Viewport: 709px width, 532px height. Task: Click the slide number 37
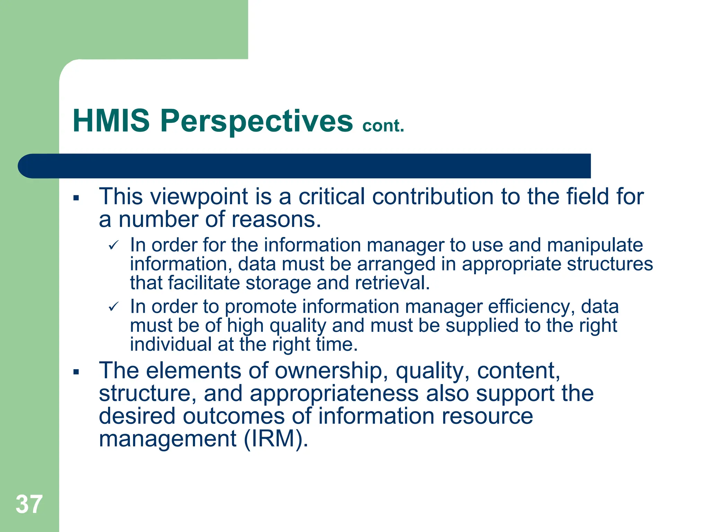(29, 504)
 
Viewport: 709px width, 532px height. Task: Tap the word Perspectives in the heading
(256, 121)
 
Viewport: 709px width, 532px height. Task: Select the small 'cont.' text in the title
(383, 126)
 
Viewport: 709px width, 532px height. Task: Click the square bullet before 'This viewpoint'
(76, 198)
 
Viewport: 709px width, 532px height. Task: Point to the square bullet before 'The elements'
(76, 372)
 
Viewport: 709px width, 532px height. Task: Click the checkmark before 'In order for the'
(114, 246)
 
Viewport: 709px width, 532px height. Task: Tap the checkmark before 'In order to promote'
(114, 307)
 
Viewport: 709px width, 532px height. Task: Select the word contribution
(432, 196)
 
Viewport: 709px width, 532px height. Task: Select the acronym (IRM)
(276, 439)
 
